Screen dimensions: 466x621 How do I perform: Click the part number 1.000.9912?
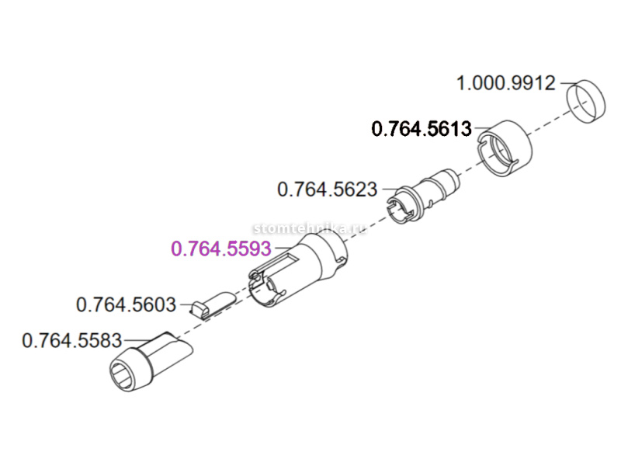click(x=506, y=82)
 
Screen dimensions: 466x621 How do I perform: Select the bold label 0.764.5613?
click(x=422, y=129)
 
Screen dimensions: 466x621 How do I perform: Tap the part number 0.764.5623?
click(x=327, y=189)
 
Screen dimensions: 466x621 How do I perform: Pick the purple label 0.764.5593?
click(x=220, y=249)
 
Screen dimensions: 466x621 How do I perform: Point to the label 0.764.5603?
click(x=126, y=304)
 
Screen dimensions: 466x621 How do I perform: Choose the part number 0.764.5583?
click(x=72, y=340)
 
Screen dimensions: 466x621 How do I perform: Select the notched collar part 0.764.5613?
click(x=505, y=148)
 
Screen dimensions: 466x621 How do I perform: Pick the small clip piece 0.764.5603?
click(x=211, y=304)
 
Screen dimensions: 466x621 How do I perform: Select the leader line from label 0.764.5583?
click(x=138, y=339)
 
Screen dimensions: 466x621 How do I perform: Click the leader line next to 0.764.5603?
click(x=184, y=304)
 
